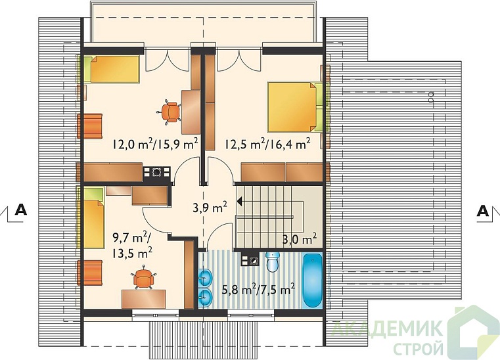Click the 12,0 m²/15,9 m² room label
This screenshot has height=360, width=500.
(x=155, y=144)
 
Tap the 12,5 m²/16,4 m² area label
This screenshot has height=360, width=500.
(x=267, y=144)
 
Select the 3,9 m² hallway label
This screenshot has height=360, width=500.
(x=210, y=208)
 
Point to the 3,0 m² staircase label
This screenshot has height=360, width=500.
(x=300, y=238)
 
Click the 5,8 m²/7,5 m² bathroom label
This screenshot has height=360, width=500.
(x=258, y=290)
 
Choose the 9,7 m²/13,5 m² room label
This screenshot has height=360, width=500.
(x=132, y=246)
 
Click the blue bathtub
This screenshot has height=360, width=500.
(x=313, y=280)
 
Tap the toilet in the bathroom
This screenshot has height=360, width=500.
(x=273, y=262)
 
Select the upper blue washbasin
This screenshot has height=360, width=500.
(x=205, y=277)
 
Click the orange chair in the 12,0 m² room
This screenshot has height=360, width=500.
(x=170, y=112)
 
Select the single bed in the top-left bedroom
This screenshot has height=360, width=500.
(x=112, y=69)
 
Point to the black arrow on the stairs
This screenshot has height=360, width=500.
(x=239, y=202)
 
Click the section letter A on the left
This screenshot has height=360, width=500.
(x=21, y=210)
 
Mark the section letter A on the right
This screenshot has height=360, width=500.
(x=483, y=210)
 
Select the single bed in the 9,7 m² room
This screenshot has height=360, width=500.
(x=91, y=217)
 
